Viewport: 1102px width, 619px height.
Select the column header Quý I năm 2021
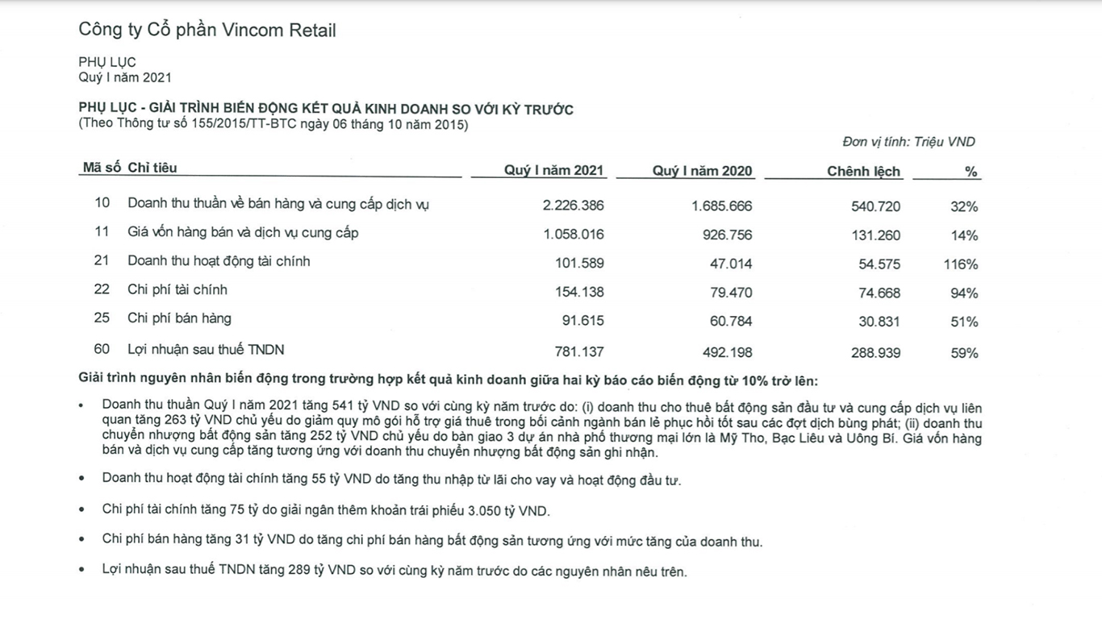[553, 171]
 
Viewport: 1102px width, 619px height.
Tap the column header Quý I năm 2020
[702, 171]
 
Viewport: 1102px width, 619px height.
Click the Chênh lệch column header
[863, 171]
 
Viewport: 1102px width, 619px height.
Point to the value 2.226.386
[574, 206]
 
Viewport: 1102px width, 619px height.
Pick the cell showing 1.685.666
[721, 206]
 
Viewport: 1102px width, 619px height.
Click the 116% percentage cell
[960, 264]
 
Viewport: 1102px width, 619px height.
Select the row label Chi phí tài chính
[177, 289]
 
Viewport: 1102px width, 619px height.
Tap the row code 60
[102, 350]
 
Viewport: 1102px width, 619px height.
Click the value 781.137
[578, 352]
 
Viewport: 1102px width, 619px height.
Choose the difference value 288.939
[875, 353]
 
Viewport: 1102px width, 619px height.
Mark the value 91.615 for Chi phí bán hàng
[582, 321]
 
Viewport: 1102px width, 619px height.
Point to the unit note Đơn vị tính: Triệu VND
[908, 142]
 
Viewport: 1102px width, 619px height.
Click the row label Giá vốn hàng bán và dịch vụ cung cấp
[243, 233]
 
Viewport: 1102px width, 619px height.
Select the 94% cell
[964, 293]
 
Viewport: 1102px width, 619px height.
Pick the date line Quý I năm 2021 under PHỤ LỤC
[124, 77]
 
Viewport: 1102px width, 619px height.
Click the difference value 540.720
[875, 206]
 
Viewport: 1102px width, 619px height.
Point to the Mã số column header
[102, 168]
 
